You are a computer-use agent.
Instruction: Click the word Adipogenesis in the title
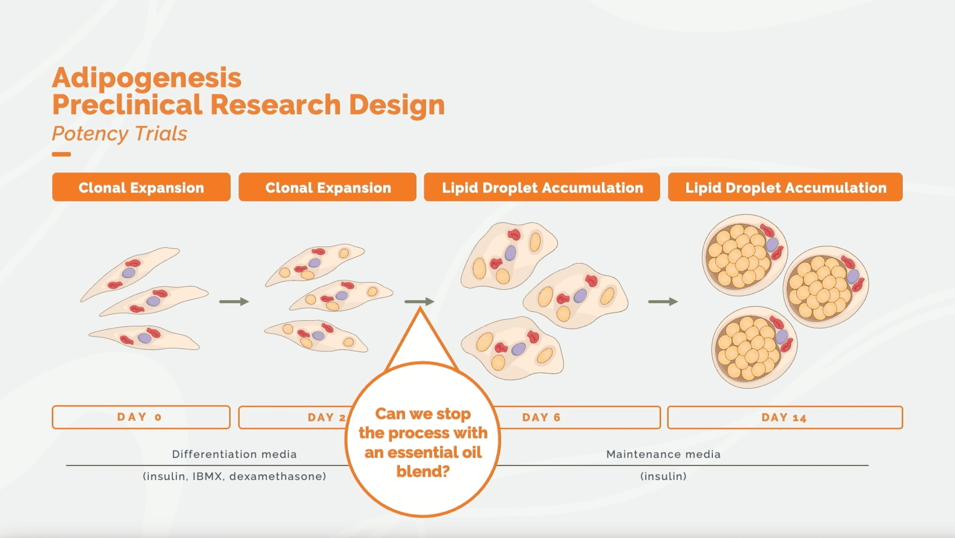coord(146,79)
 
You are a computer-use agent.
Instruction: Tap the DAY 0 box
coord(141,417)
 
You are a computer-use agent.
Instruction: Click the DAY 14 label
coord(784,417)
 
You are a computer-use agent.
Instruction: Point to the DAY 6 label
coord(541,417)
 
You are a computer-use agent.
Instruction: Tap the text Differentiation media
coord(234,454)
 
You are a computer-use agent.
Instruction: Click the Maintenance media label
coord(663,454)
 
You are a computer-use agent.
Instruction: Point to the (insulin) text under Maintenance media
coord(663,476)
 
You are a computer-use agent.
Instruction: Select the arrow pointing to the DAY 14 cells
coord(663,302)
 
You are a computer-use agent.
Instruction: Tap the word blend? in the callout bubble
coord(423,472)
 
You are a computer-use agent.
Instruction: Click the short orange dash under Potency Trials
coord(61,154)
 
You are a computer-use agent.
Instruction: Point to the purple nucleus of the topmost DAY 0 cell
coord(129,273)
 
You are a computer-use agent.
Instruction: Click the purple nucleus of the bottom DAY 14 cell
coord(782,337)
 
